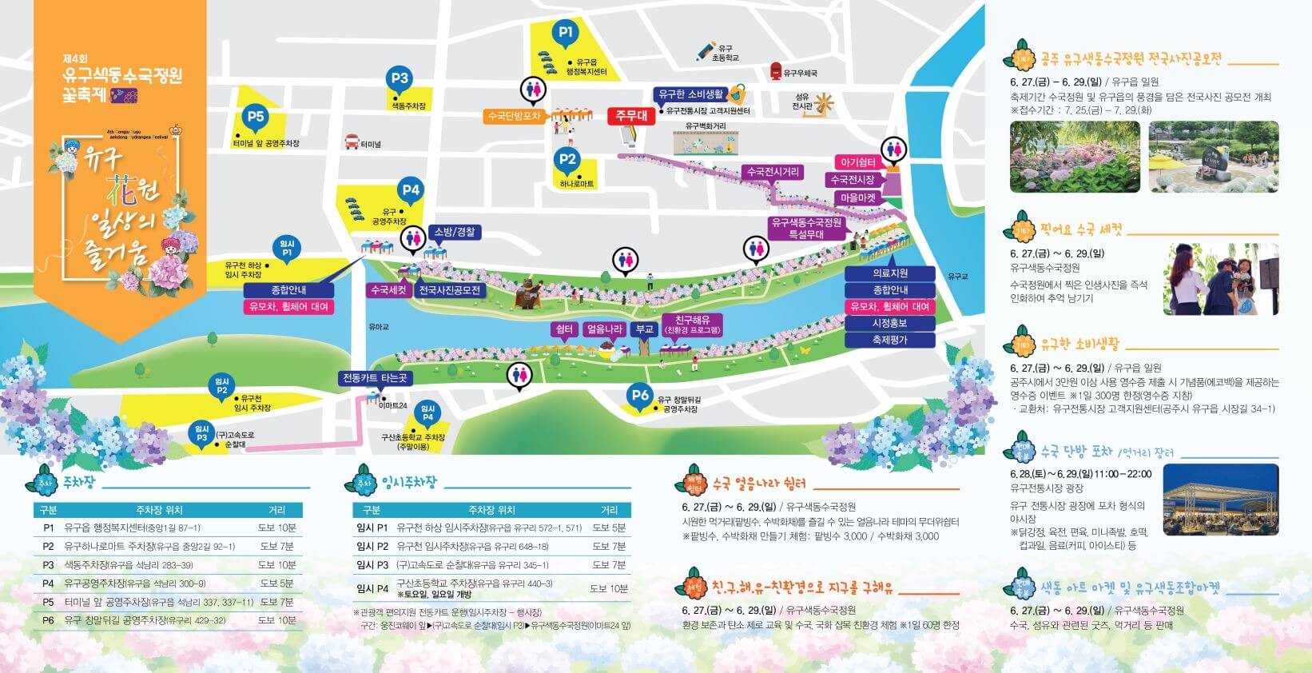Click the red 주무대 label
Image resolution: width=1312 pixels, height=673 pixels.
click(631, 116)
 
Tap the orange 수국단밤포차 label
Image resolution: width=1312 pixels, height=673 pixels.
click(514, 116)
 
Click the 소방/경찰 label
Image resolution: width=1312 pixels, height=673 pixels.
click(454, 232)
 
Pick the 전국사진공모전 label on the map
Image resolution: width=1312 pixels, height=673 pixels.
click(450, 290)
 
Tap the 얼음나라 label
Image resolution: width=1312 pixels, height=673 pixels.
click(605, 329)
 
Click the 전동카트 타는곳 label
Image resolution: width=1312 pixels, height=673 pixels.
click(375, 378)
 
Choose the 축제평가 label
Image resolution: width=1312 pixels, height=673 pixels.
click(889, 340)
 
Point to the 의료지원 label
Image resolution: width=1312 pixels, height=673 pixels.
click(889, 273)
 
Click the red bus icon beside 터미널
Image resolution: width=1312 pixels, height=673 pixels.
click(351, 143)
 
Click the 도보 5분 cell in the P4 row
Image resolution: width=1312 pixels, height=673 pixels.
click(276, 583)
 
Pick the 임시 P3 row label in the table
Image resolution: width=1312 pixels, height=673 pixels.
click(372, 564)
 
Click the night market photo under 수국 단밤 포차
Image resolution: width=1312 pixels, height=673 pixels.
click(1220, 499)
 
